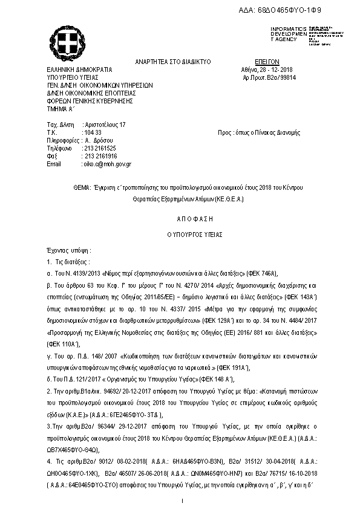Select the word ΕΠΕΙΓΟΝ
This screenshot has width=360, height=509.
[x=266, y=62]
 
